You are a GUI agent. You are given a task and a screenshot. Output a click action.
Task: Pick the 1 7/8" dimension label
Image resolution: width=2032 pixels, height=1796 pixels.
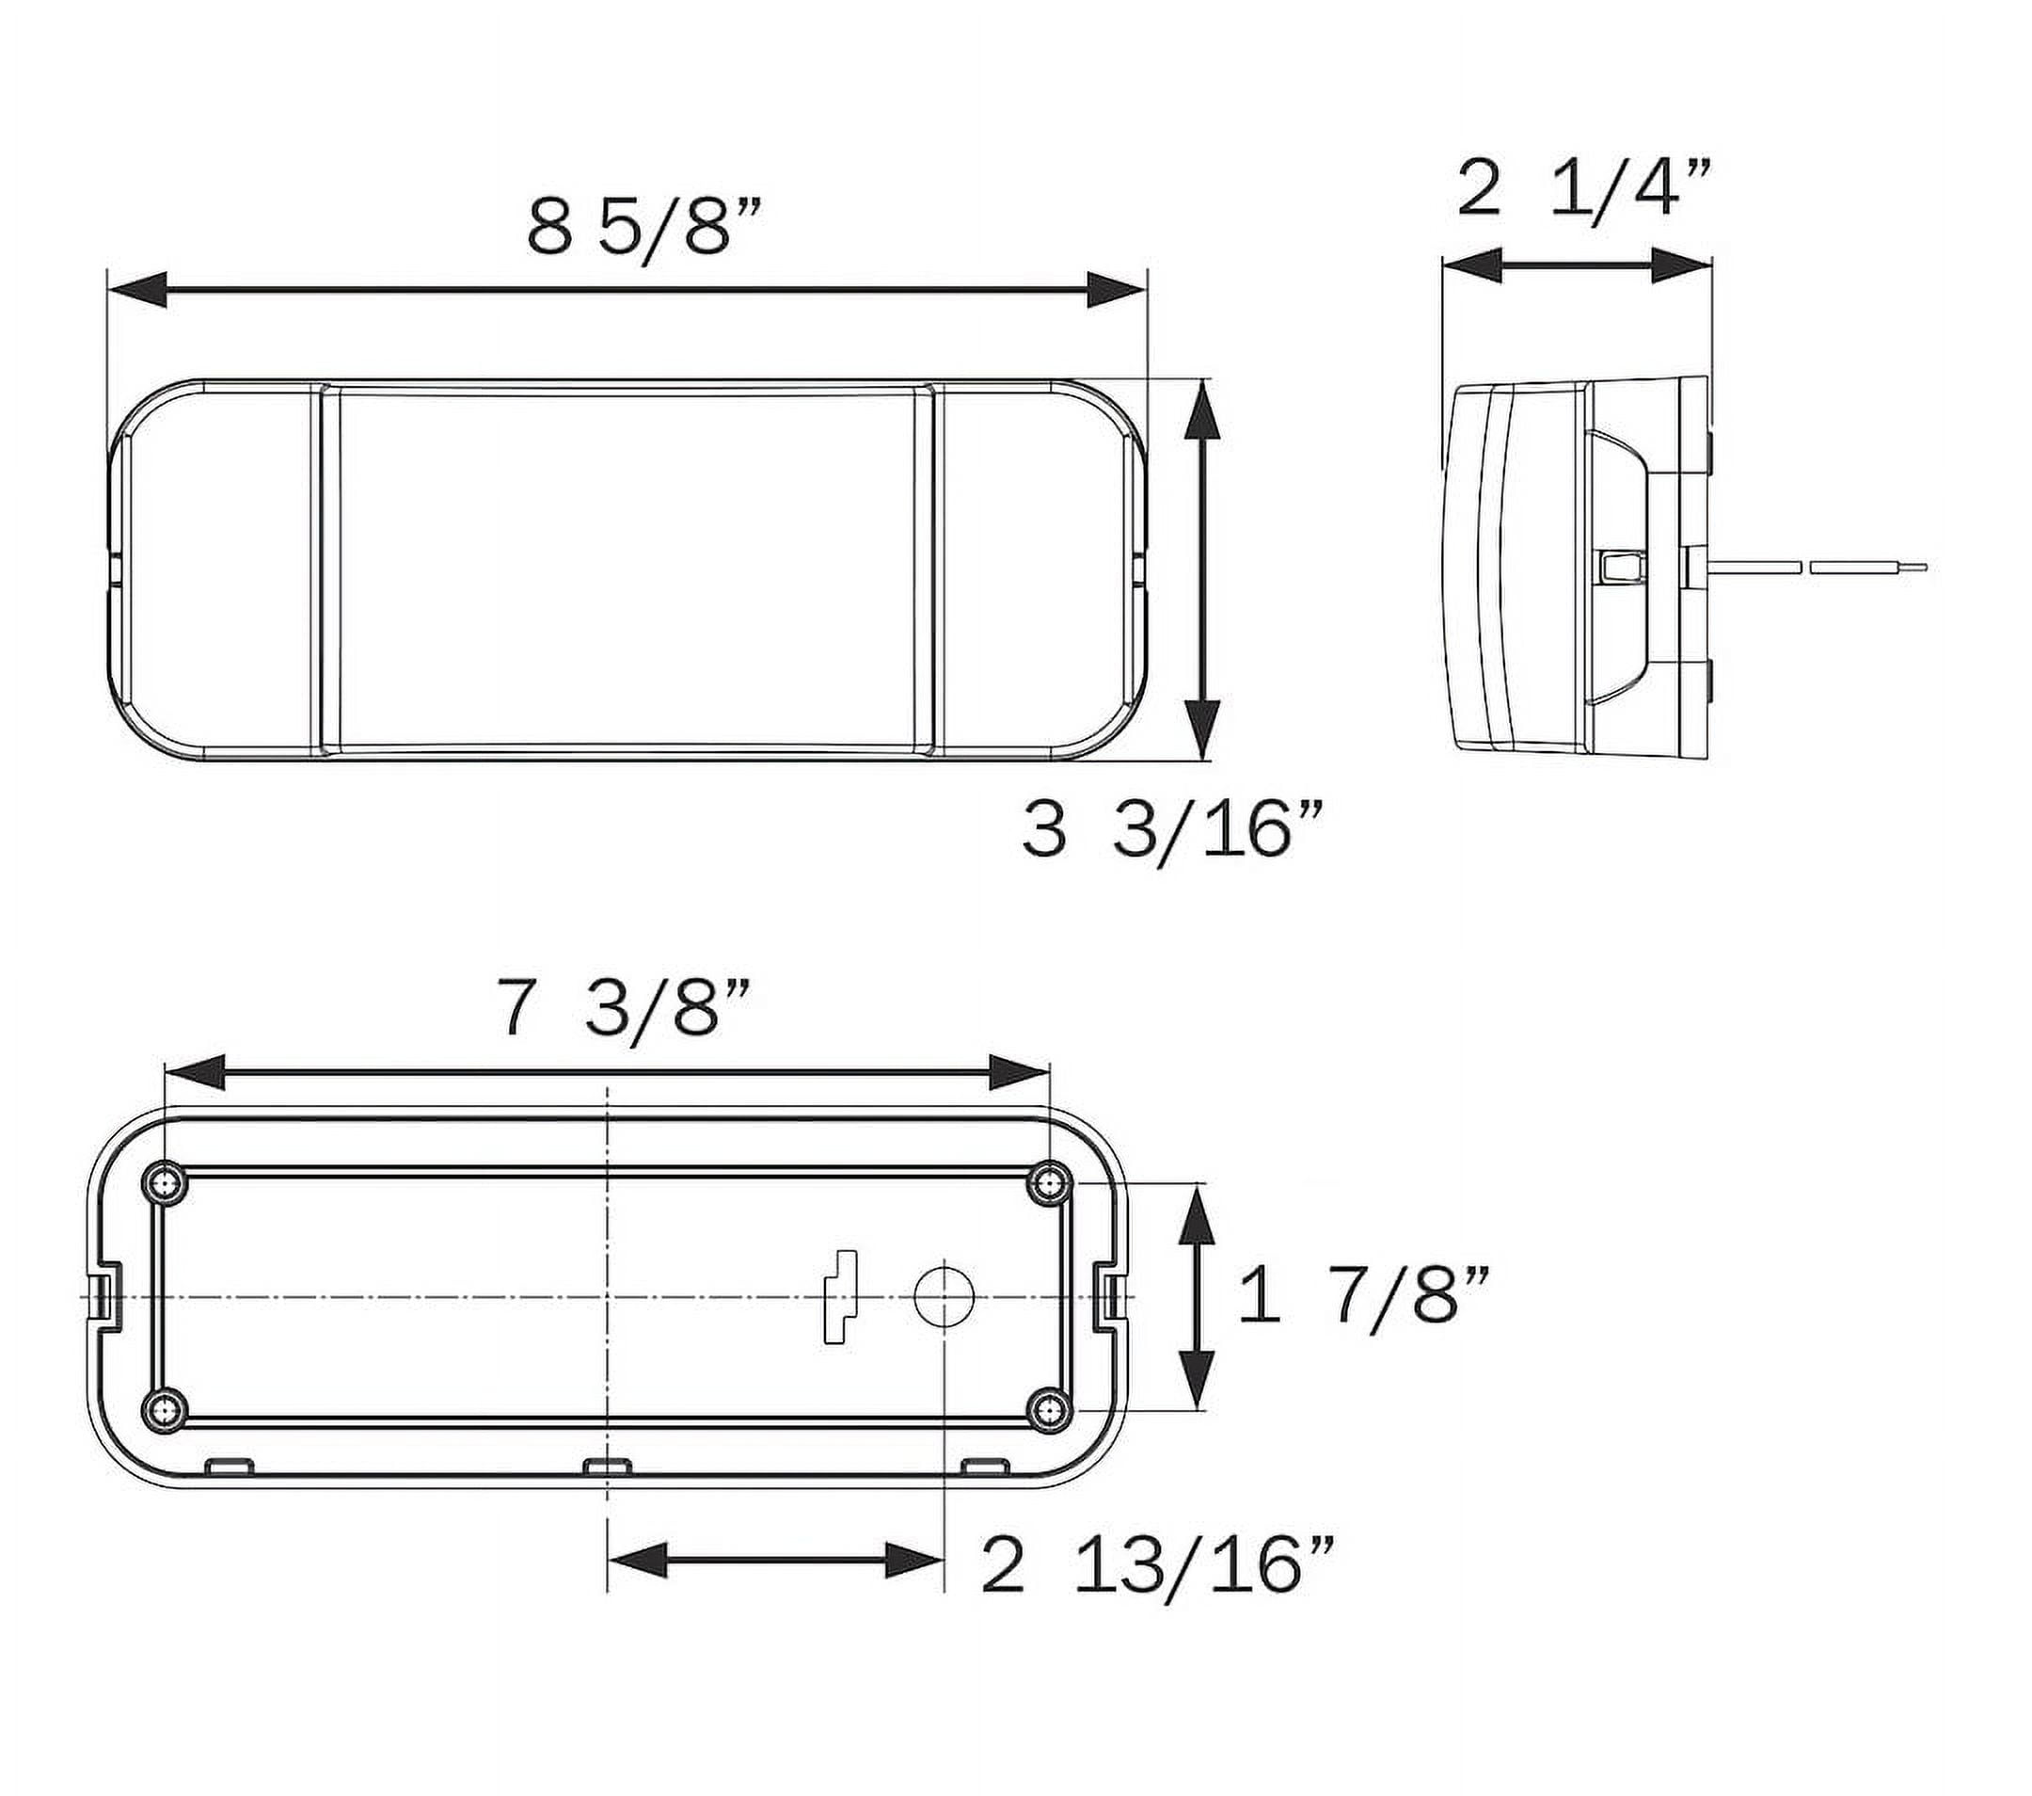[1366, 1295]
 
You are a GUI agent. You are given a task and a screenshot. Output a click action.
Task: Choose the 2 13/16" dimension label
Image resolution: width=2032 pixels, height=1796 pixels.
[1157, 1592]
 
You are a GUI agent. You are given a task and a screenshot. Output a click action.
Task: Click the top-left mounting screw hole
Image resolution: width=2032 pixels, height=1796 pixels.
[164, 1181]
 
